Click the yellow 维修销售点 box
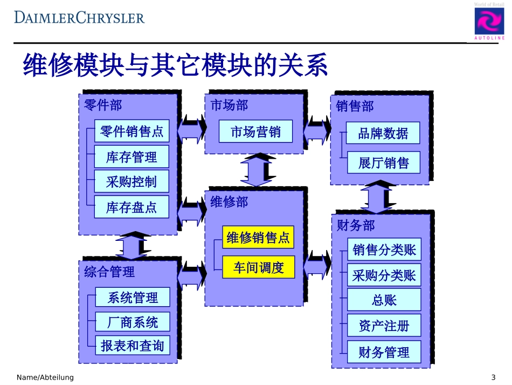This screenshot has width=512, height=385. click(258, 237)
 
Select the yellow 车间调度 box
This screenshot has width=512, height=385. click(258, 267)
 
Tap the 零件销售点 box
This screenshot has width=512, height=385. click(132, 131)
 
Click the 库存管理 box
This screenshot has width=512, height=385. click(132, 157)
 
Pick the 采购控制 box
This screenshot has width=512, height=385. click(132, 182)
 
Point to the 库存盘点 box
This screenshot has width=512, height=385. click(132, 207)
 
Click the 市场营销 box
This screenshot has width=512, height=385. click(255, 131)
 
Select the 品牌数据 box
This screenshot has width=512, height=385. click(383, 133)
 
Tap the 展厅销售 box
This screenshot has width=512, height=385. click(383, 162)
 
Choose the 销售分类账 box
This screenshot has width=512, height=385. click(384, 249)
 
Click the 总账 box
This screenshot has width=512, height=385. click(384, 300)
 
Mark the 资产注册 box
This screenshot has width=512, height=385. click(384, 326)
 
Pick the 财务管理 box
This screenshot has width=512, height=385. click(384, 352)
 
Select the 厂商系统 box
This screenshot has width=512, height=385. click(133, 322)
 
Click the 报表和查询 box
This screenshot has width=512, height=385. click(133, 346)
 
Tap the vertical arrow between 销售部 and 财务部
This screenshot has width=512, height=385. click(379, 198)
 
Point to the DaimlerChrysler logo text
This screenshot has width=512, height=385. click(79, 17)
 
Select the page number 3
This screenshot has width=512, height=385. click(493, 377)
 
